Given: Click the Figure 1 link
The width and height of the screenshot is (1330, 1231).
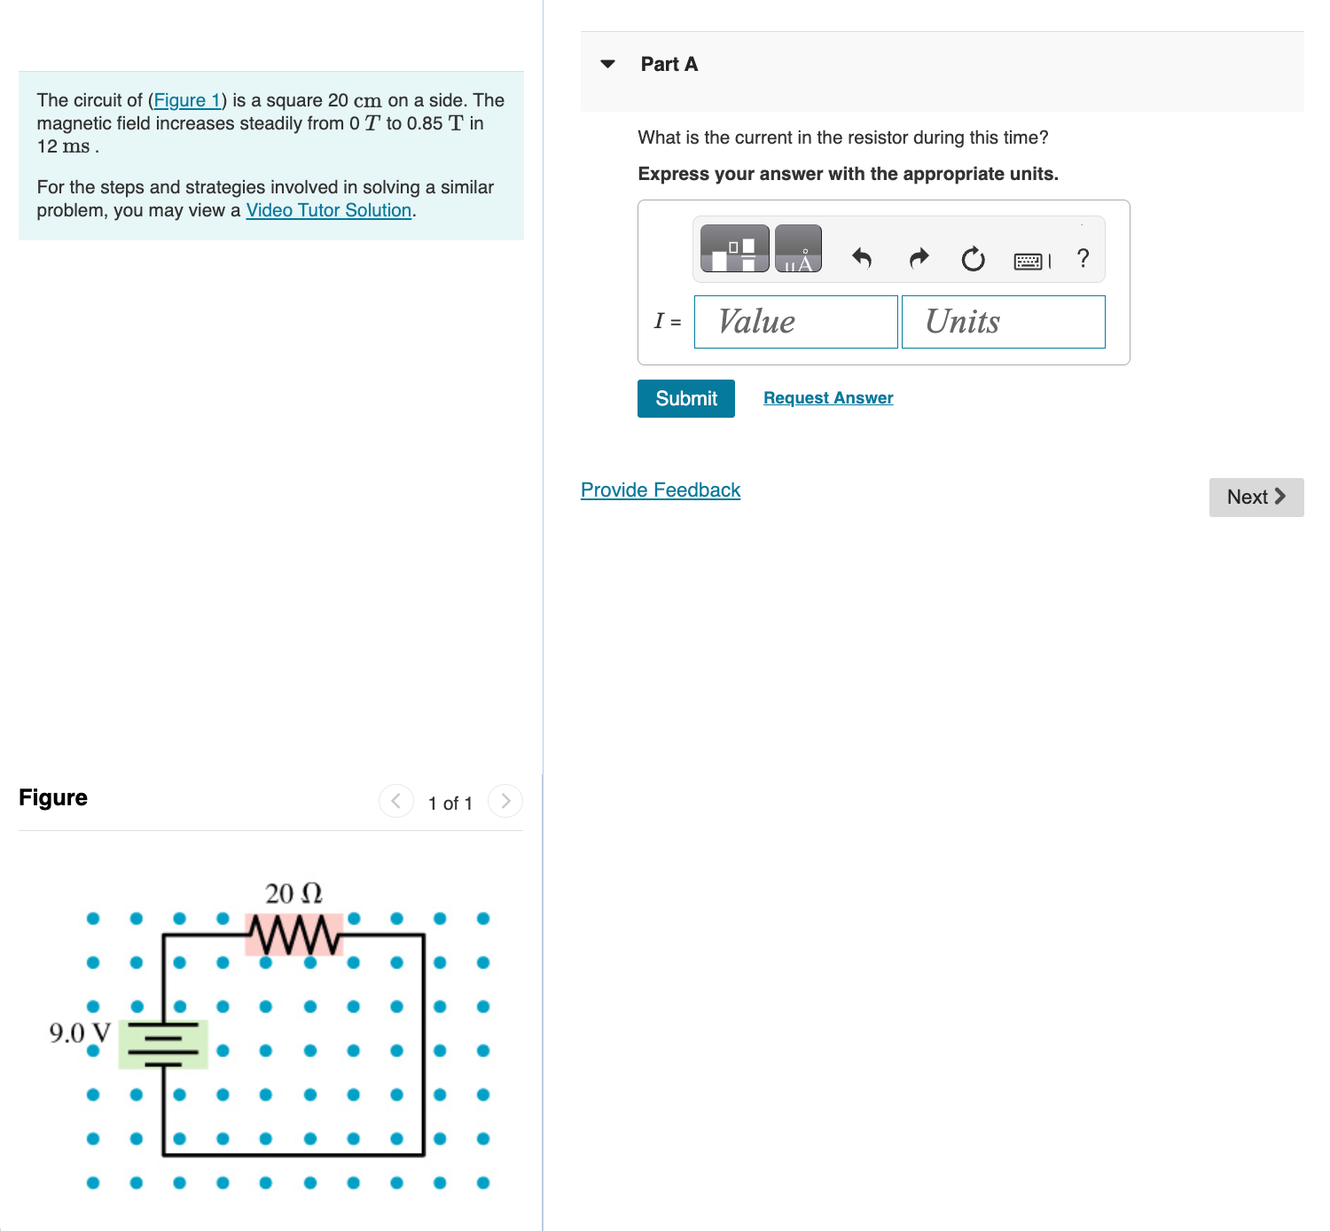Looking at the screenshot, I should pos(186,100).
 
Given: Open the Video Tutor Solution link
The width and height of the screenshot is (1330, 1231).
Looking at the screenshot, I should pos(328,210).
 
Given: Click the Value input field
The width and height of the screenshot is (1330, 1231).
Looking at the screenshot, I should pos(795,322).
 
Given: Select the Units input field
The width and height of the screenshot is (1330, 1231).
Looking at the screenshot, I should pos(1003,322).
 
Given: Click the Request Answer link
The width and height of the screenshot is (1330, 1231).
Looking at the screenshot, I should pos(828,398).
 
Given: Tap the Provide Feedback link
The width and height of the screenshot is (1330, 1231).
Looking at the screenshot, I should pos(660,490).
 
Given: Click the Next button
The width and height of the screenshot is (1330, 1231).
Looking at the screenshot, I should pos(1256,498).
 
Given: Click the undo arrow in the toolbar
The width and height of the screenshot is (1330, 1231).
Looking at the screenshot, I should pos(862,258).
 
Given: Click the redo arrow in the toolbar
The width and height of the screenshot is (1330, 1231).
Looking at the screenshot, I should pos(919,258).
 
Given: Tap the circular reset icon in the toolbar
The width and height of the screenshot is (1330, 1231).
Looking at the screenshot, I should pos(973,259).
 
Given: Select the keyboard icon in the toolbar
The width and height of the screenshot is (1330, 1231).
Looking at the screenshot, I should pos(1029,261).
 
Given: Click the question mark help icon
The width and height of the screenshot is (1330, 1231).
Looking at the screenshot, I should pos(1083,258).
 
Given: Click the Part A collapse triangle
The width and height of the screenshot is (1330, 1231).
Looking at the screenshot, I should pos(607,64).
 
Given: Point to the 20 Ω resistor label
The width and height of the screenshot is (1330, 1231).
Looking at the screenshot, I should pos(293,893).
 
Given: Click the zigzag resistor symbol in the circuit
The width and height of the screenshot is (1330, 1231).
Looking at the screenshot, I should pos(293,935).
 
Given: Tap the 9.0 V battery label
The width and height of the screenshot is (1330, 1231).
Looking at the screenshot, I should pos(80,1033).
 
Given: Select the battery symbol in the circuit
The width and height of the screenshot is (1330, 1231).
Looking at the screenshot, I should pos(163,1044).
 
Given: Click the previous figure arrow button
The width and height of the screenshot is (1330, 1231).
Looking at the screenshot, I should pos(395,802).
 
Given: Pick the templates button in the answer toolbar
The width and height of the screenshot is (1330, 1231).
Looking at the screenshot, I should pos(734,248).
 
